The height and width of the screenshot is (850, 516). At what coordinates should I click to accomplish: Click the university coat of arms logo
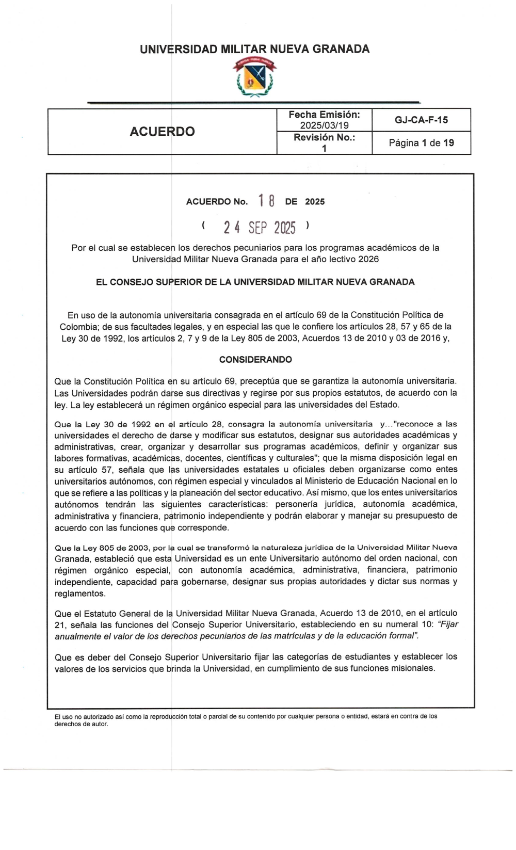[x=254, y=77]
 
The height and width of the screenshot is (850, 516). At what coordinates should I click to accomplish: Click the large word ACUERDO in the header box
[x=162, y=132]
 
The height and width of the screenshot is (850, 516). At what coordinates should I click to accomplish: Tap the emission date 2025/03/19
[x=324, y=125]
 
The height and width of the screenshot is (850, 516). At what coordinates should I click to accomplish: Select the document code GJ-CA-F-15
[x=421, y=120]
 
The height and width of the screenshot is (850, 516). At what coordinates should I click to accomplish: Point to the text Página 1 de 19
[x=421, y=143]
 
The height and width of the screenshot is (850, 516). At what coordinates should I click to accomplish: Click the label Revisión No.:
[x=324, y=137]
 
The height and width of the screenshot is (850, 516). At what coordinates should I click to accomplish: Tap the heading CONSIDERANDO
[x=255, y=360]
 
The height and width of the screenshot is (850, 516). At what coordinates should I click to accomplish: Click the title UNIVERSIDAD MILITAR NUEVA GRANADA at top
[x=254, y=49]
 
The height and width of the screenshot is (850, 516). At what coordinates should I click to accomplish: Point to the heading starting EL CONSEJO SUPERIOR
[x=255, y=282]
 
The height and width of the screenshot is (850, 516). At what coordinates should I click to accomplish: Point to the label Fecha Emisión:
[x=324, y=115]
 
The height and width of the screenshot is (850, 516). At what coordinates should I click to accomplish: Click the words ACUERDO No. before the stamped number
[x=217, y=202]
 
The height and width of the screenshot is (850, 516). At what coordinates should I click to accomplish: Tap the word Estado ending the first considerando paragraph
[x=384, y=405]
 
